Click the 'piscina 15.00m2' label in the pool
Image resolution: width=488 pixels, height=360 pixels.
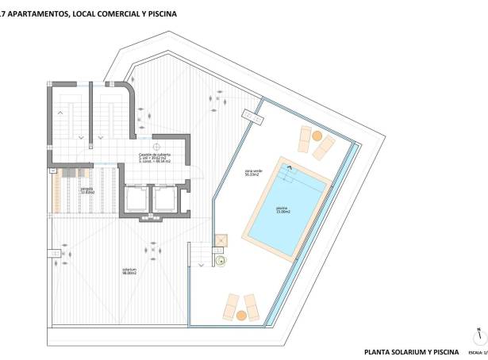(283, 211)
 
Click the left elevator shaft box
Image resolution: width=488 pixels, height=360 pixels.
(136, 200)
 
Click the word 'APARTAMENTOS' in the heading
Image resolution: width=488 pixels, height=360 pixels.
(35, 14)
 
